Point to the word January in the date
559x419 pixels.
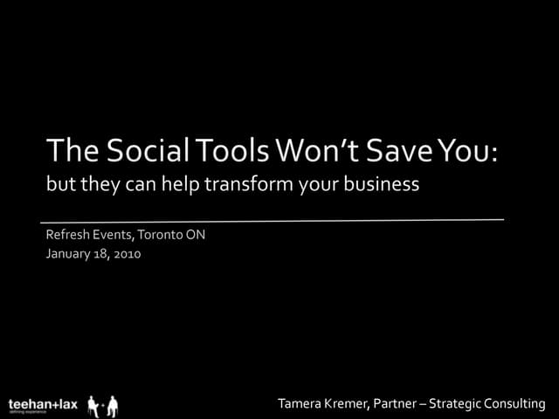69,254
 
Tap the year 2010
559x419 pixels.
127,254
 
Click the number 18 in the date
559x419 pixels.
100,254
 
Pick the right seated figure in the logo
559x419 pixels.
112,405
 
